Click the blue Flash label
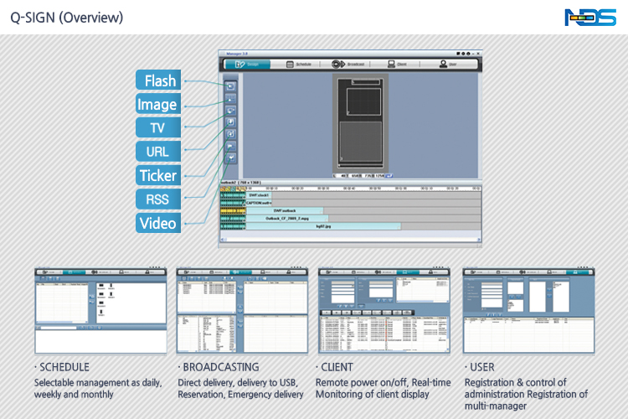[160, 80]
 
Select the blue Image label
[157, 105]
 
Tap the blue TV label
[157, 128]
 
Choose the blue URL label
[157, 152]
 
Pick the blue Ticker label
[157, 176]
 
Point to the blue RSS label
[157, 199]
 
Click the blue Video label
[157, 223]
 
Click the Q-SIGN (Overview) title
[67, 17]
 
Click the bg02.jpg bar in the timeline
[322, 226]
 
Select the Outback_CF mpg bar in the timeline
[286, 218]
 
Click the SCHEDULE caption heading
[64, 367]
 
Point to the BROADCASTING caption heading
[220, 367]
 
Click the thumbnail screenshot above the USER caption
[531, 310]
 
